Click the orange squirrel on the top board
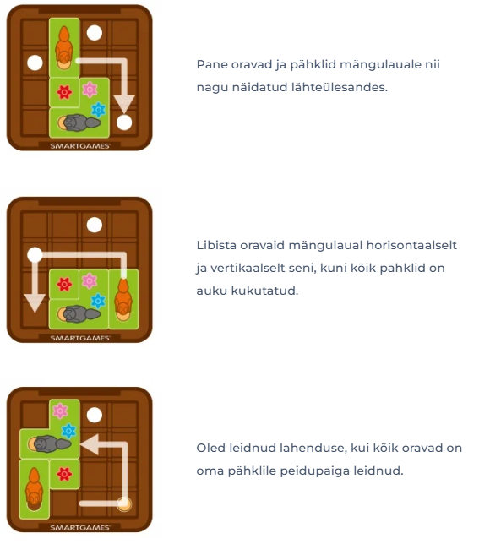64,47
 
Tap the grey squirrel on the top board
79,122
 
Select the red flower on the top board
64,92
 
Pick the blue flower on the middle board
98,301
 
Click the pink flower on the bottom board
60,411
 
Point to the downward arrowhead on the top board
124,104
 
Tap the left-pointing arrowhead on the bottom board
90,444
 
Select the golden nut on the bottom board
124,503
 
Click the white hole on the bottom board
95,415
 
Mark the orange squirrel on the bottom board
35,489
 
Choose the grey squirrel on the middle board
79,314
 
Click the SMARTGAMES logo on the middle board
80,338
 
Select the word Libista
216,245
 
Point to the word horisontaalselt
411,245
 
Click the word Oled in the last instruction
210,448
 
